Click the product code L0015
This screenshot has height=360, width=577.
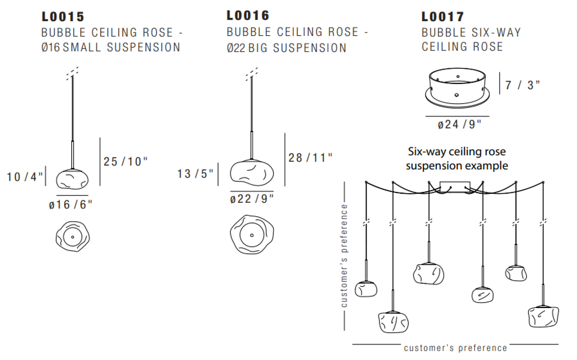(63, 17)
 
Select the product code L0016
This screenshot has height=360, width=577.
(248, 15)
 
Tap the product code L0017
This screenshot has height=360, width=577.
(443, 17)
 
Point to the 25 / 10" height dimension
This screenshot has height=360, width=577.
(125, 161)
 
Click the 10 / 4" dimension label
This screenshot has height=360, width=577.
(25, 177)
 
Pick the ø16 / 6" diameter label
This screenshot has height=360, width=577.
(70, 204)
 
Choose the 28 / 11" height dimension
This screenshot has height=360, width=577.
(310, 157)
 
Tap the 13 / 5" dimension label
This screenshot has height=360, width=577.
(195, 174)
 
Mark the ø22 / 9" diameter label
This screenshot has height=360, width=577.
(252, 199)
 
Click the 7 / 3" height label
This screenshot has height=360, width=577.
(523, 86)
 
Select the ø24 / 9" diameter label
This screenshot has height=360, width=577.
(460, 124)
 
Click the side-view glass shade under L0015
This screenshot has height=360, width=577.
(73, 180)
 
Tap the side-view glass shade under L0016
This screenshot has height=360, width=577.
(251, 171)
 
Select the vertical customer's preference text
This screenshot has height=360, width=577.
(344, 256)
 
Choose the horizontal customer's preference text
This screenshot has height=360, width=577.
(455, 348)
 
